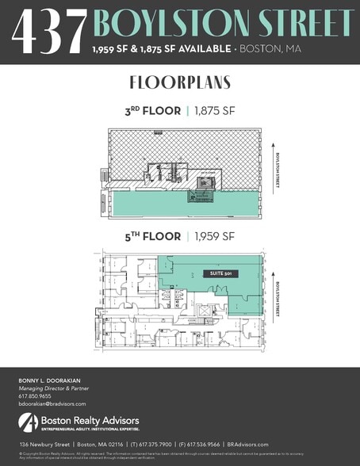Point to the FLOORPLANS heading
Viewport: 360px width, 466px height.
(x=179, y=83)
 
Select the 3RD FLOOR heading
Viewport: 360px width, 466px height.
(x=153, y=111)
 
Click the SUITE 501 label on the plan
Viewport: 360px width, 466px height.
(x=214, y=273)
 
